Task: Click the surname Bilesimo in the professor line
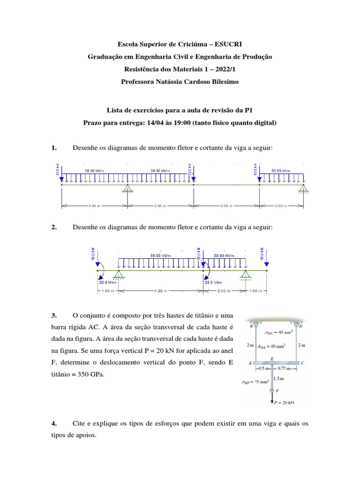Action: coord(225,81)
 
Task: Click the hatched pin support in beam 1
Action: coord(127,189)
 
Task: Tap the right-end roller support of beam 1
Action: coord(304,189)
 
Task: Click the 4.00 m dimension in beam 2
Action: coord(160,291)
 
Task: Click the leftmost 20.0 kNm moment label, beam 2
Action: coord(107,283)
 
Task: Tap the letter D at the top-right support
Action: coord(301,325)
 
